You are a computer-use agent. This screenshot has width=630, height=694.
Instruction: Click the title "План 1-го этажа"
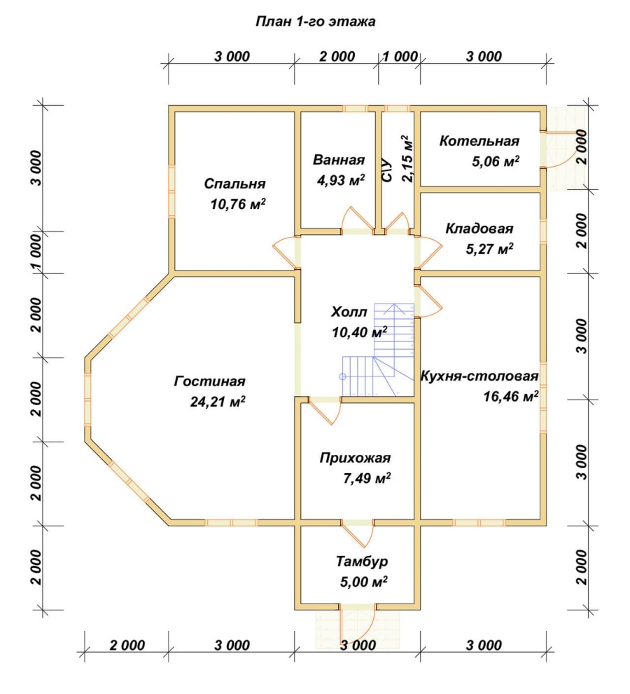(315, 21)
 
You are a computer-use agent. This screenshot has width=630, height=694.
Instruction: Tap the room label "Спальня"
(234, 183)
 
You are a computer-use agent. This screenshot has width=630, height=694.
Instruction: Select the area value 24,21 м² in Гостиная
(218, 401)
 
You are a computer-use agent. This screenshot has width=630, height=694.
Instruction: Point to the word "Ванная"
(339, 159)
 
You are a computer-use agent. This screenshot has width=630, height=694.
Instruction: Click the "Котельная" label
(479, 141)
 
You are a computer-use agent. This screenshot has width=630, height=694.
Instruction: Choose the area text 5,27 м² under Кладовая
(489, 248)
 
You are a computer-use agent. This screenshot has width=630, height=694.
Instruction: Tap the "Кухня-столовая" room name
(479, 376)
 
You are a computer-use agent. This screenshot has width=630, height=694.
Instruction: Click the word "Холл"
(349, 311)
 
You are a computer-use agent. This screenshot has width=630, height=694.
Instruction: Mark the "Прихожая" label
(355, 457)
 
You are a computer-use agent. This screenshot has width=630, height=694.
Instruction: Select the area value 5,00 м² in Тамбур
(363, 580)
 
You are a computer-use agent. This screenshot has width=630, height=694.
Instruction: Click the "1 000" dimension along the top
(400, 56)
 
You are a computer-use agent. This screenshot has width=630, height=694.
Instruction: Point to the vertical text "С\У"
(386, 170)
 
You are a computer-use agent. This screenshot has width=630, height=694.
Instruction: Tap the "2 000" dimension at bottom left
(127, 645)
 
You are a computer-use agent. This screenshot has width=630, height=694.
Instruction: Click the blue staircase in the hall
(379, 349)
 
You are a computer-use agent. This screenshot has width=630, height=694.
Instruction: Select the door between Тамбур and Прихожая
(357, 533)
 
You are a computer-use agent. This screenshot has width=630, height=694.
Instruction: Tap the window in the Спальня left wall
(171, 191)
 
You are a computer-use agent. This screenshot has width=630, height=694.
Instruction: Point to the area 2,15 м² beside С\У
(407, 158)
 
